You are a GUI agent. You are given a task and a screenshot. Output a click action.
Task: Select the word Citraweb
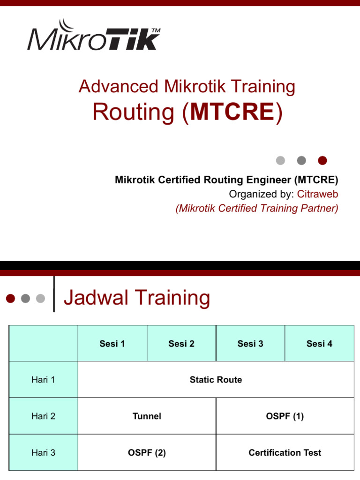click(317, 194)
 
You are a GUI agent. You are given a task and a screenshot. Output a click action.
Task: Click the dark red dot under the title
click(322, 161)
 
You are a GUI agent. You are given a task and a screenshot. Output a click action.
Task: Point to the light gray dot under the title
click(280, 161)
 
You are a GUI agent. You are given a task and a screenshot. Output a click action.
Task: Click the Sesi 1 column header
click(112, 344)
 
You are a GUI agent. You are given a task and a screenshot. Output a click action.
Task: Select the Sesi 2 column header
click(181, 344)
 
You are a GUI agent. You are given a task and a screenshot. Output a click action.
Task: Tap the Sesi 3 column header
click(250, 344)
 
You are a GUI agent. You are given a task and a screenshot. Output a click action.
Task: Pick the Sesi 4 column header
click(319, 344)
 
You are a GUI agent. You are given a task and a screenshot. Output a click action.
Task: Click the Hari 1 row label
click(43, 380)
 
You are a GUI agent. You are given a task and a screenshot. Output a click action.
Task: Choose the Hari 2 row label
click(43, 416)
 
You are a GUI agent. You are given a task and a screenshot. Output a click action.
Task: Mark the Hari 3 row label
click(43, 452)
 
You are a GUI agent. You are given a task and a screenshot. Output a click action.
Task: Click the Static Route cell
click(216, 380)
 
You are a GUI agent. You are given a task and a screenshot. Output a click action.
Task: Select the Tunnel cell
click(147, 416)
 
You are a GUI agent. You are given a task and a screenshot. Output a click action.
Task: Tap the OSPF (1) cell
click(285, 416)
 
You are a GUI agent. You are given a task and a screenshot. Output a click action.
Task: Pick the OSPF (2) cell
click(147, 452)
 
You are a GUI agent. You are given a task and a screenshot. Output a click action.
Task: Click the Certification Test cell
click(285, 452)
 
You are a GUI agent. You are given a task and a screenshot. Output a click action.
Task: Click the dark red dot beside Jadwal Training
click(11, 298)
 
